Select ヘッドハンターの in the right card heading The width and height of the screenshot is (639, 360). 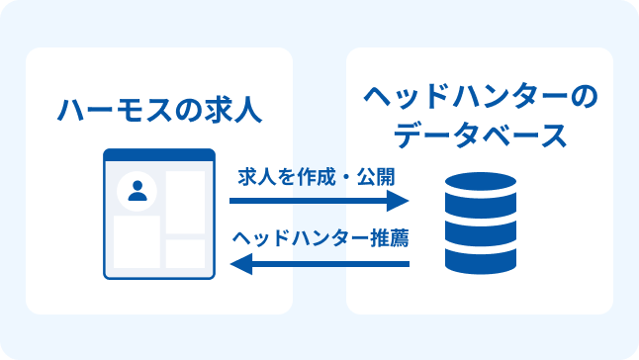[480, 99]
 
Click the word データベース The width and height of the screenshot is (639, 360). [480, 135]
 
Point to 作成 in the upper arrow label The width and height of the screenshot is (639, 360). [306, 179]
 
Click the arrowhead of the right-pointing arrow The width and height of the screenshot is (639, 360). [399, 201]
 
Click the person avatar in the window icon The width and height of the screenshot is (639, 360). [137, 193]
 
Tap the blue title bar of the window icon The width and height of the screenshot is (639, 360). [159, 155]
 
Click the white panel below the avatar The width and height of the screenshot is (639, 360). [137, 242]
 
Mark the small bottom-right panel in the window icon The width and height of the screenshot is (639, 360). [185, 253]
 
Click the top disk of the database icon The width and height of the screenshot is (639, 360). [479, 186]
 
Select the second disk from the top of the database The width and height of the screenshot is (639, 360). [479, 214]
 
